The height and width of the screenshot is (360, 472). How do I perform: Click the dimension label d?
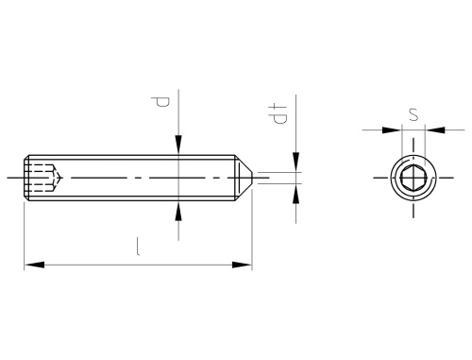tap(160, 102)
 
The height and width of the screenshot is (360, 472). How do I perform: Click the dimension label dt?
tap(278, 113)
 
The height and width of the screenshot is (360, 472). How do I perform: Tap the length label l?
tap(138, 247)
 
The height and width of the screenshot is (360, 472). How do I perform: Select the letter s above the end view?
tap(413, 114)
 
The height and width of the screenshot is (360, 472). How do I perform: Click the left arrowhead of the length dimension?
tap(34, 265)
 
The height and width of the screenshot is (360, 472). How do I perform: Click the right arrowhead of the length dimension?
tap(242, 265)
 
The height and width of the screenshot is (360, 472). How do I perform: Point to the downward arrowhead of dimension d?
tap(178, 145)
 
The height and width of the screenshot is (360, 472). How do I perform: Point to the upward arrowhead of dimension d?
tap(178, 211)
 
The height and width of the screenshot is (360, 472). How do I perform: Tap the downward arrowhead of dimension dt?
tap(295, 163)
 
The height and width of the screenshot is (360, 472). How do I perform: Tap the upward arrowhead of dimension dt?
tap(295, 194)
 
